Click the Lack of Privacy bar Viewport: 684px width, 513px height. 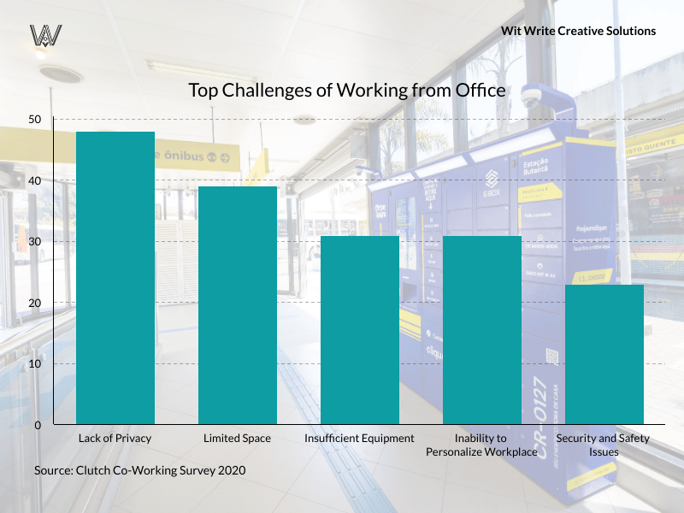[115, 278]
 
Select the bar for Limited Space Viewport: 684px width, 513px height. [237, 305]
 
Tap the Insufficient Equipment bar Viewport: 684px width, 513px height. [359, 330]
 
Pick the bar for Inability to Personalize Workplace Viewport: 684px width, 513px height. [481, 330]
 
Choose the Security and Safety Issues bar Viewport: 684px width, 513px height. [604, 354]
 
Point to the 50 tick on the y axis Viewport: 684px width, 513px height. [34, 119]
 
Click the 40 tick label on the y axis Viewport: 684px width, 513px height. [34, 180]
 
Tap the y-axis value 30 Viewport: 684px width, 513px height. [34, 242]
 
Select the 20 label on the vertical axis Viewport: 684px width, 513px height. [34, 303]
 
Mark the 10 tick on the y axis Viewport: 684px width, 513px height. [34, 364]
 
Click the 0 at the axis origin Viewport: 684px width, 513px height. [38, 425]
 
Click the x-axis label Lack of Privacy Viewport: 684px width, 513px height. [115, 439]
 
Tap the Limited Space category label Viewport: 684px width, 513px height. [237, 439]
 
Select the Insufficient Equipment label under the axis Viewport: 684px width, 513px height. [359, 439]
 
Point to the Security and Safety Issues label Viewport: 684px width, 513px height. [604, 445]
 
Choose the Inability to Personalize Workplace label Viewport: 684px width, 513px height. [481, 445]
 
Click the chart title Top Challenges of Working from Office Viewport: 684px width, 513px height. [347, 90]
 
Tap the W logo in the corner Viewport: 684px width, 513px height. [45, 35]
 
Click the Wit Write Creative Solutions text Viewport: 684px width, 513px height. [579, 31]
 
